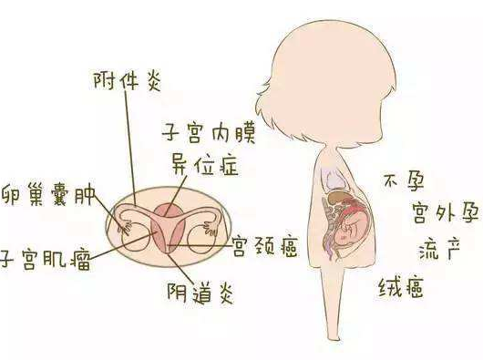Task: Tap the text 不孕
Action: coord(404,181)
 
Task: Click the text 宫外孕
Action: coord(419,215)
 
